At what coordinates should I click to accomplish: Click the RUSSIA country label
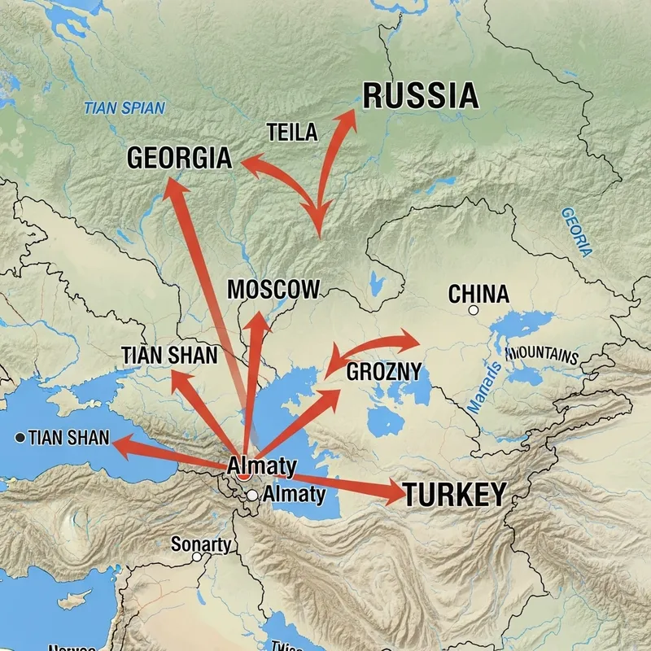420,96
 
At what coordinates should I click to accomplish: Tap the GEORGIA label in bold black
179,158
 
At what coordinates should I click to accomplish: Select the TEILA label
291,133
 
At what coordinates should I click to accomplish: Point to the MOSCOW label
273,290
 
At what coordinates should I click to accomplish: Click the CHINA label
478,294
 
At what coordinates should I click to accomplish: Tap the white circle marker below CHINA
474,310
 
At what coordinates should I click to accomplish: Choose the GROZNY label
384,372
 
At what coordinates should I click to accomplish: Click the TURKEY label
455,494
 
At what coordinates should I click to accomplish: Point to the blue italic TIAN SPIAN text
125,107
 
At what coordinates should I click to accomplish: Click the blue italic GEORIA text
576,232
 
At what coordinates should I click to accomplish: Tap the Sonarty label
201,544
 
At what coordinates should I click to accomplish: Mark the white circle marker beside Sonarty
196,557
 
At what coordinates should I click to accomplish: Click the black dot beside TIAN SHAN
20,438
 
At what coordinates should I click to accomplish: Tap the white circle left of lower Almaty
252,495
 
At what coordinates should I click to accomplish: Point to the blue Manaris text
486,385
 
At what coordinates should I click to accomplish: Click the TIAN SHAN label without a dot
169,355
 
